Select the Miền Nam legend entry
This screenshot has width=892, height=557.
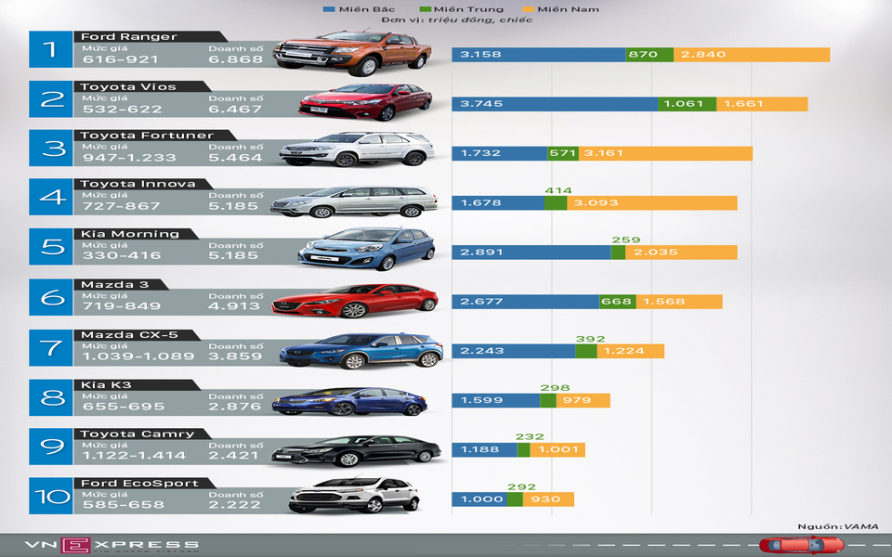coord(566,9)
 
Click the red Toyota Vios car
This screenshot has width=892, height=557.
coord(365,101)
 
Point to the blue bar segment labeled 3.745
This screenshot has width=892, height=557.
coord(554,104)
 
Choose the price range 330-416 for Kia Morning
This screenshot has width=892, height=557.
coord(121,255)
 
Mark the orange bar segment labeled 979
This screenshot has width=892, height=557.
coord(583,400)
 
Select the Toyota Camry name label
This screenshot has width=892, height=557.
coord(138,434)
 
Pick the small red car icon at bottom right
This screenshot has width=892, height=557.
coord(788,545)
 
